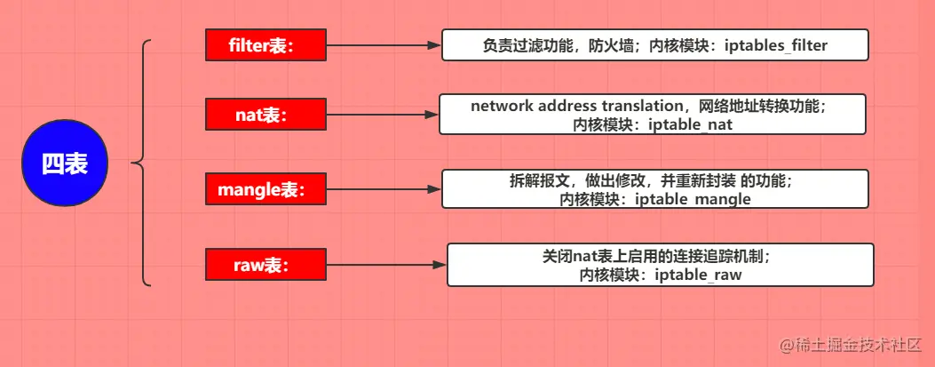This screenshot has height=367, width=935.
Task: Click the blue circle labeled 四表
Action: (65, 163)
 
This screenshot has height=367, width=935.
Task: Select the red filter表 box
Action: (265, 45)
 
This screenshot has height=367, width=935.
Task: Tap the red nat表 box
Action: (265, 115)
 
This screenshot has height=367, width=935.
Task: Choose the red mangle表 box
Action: (265, 188)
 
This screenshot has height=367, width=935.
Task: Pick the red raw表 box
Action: (265, 265)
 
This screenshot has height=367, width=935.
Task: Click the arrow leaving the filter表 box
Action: (384, 45)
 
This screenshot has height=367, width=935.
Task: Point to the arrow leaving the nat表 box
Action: (383, 115)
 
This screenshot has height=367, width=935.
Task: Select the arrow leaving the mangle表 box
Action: (384, 188)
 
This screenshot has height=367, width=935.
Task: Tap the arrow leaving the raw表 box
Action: (386, 265)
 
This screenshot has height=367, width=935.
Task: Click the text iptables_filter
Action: (776, 45)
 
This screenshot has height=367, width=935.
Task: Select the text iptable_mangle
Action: (693, 199)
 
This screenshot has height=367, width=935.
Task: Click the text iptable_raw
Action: (698, 275)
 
